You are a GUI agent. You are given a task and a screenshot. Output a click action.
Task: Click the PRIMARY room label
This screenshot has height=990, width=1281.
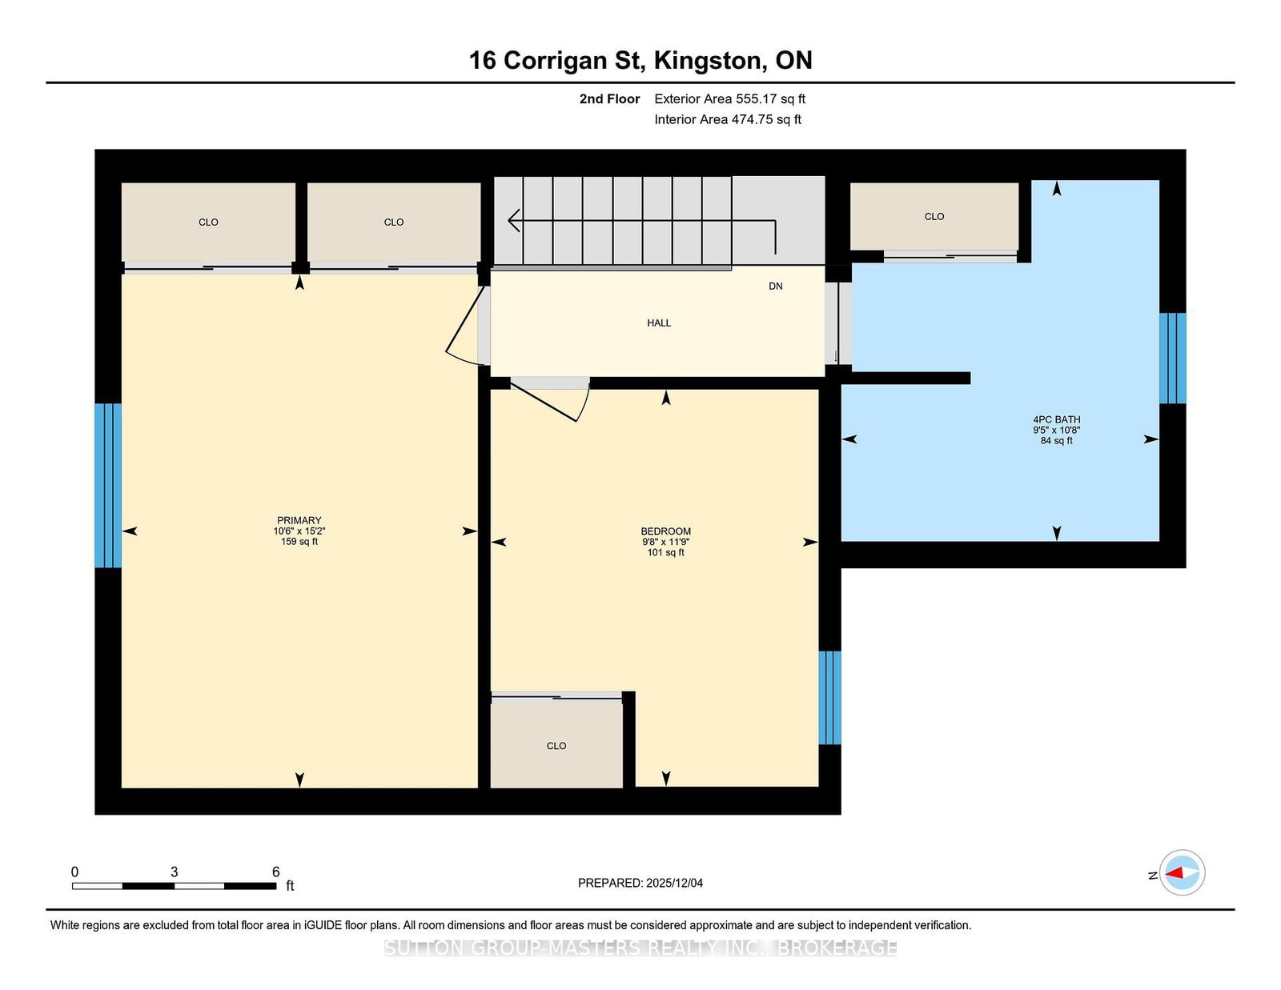(299, 520)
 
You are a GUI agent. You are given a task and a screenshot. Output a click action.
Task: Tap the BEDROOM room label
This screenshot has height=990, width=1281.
(665, 531)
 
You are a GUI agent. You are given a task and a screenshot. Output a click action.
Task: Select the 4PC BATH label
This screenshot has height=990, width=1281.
(1056, 419)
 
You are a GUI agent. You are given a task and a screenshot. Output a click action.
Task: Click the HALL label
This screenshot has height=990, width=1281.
(658, 323)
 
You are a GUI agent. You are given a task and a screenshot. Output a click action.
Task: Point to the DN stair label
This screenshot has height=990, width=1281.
(775, 286)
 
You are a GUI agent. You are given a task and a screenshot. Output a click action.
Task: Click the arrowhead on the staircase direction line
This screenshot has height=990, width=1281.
(514, 220)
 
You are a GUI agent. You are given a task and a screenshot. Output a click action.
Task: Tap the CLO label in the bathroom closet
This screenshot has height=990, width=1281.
(934, 216)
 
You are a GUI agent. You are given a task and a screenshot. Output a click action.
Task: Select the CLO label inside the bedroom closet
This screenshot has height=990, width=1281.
(556, 745)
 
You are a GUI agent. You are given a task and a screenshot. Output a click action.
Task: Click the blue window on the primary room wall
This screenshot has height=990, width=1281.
(108, 485)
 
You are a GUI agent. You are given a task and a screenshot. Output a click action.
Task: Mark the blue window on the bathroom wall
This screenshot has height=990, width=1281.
(1172, 358)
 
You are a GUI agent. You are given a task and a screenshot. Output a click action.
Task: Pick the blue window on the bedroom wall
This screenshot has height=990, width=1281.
(829, 697)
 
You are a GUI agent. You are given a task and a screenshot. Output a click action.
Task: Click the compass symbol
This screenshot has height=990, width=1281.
(1182, 872)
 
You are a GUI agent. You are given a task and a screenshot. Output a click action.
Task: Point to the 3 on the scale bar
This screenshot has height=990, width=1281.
(174, 872)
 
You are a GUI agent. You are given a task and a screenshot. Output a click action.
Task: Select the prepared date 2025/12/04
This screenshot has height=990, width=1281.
(674, 883)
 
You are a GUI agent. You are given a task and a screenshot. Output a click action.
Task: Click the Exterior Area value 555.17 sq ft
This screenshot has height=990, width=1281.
(770, 99)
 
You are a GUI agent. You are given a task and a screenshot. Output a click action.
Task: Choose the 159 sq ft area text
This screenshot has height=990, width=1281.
(299, 542)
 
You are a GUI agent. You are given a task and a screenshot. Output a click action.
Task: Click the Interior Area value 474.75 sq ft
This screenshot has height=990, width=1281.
(765, 119)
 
